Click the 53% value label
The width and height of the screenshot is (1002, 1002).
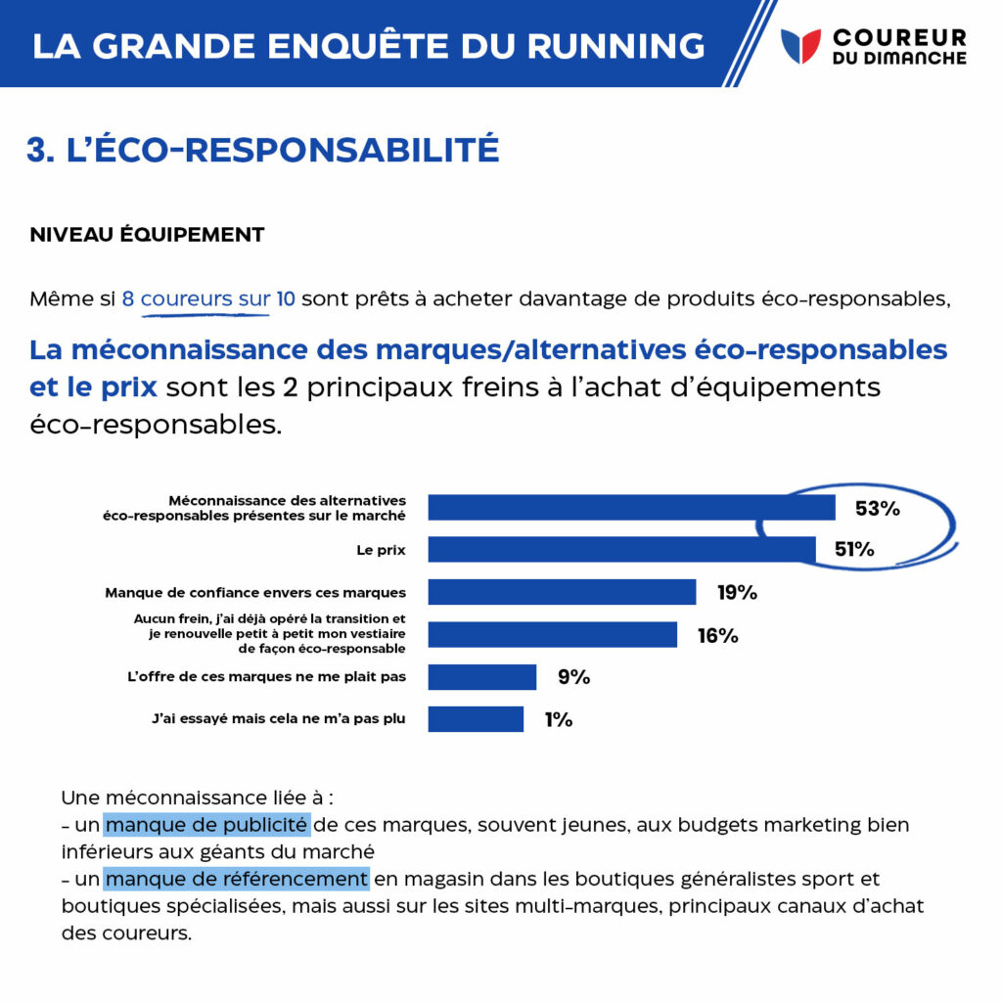click(x=878, y=508)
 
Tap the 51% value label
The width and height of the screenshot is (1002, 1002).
click(x=854, y=549)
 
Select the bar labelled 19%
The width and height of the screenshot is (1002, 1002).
click(x=562, y=592)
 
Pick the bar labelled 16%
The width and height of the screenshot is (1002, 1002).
click(x=552, y=634)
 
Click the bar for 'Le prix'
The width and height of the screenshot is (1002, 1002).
click(x=621, y=550)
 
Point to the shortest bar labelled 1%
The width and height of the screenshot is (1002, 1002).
click(x=476, y=719)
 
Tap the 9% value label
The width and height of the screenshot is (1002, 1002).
click(x=573, y=677)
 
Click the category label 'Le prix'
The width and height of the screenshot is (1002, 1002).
click(x=381, y=550)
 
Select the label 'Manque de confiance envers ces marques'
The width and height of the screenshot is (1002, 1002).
click(x=255, y=593)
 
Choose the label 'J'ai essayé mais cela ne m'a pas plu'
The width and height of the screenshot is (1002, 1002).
click(x=279, y=719)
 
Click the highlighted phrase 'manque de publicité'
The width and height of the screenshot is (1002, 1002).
click(x=207, y=825)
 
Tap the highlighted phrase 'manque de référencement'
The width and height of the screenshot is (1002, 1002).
click(x=237, y=880)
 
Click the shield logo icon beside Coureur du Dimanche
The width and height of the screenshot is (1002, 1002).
click(x=800, y=46)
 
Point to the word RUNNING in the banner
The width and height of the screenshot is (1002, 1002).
click(x=615, y=46)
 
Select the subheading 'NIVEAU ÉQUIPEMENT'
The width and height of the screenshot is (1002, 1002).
click(x=147, y=235)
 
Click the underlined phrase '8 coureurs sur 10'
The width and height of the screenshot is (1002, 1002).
click(x=208, y=299)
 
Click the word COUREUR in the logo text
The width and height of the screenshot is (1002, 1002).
click(x=899, y=38)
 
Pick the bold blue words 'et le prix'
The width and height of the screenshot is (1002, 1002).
click(x=93, y=387)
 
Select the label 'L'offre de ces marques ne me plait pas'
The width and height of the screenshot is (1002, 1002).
click(x=266, y=677)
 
